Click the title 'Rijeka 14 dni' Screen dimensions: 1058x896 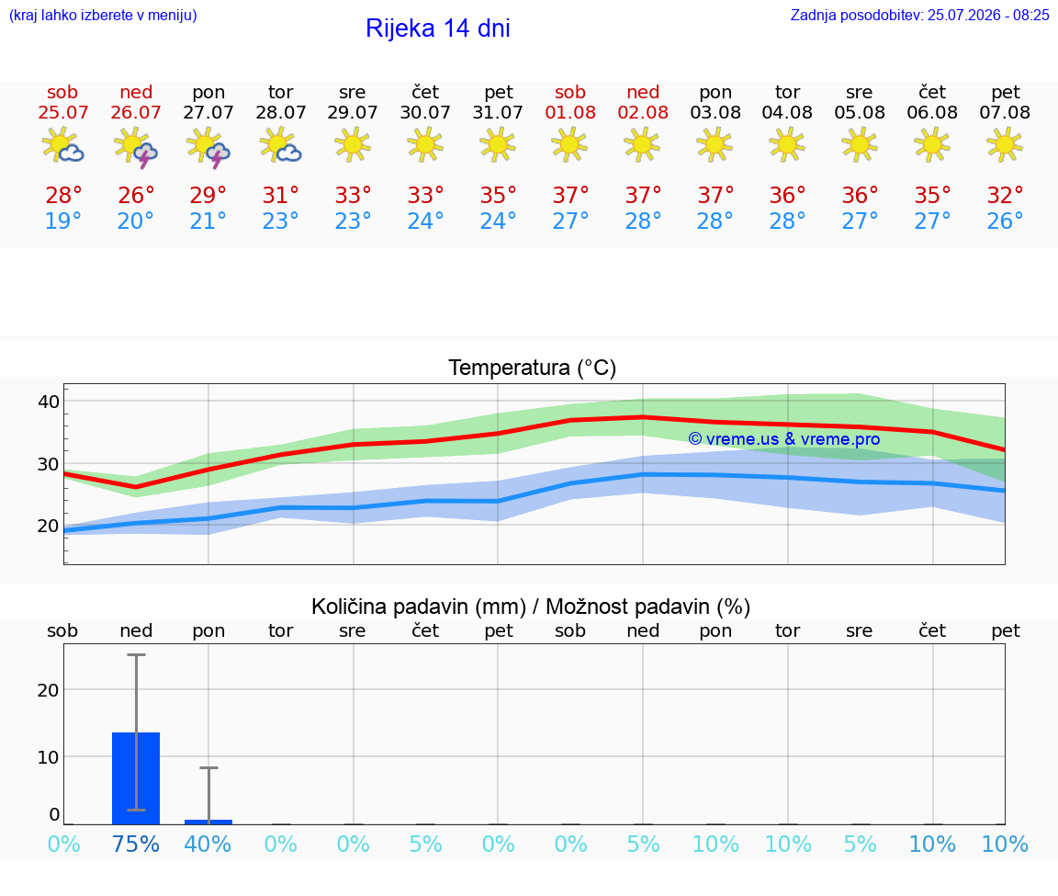[x=438, y=28]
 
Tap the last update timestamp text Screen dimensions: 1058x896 [x=919, y=15]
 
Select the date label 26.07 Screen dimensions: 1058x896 [x=136, y=112]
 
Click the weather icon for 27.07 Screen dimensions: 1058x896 [x=208, y=146]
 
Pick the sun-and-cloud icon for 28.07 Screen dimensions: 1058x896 [x=281, y=145]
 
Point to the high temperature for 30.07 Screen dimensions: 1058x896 [x=426, y=195]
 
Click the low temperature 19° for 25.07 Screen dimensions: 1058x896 [x=63, y=221]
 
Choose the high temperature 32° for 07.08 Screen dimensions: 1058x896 [x=1006, y=195]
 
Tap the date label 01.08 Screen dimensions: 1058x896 [x=570, y=112]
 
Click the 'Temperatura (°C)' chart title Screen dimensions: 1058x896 [x=533, y=368]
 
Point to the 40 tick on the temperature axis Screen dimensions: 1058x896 [x=49, y=402]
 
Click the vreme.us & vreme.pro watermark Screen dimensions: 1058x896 [x=784, y=439]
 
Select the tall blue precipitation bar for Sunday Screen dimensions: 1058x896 [x=136, y=777]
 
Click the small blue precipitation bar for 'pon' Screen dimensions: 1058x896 [x=208, y=822]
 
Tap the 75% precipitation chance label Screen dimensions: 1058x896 [x=136, y=844]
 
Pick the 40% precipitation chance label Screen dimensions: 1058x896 [x=208, y=844]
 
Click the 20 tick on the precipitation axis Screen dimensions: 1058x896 [x=49, y=690]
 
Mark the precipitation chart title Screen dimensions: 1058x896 [x=531, y=607]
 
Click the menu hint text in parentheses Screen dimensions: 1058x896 [x=103, y=15]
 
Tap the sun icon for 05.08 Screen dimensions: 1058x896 [x=860, y=145]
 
